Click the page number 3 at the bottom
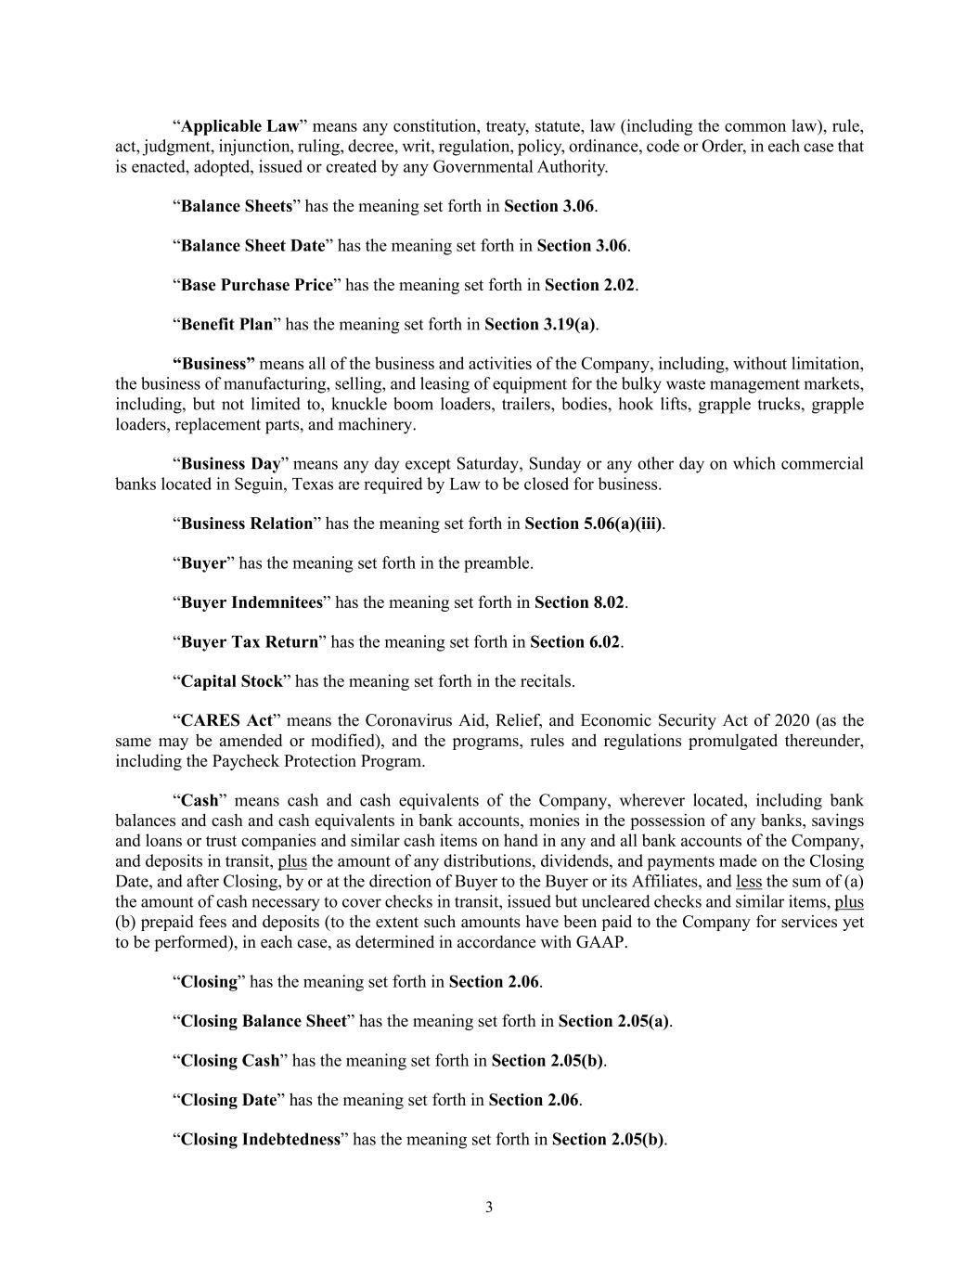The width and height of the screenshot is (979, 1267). (489, 1208)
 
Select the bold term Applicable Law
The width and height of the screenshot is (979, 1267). (240, 126)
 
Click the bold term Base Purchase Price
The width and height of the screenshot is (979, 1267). (256, 285)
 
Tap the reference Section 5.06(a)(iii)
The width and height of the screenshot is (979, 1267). (594, 524)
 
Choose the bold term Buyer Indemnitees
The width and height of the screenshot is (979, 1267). (251, 602)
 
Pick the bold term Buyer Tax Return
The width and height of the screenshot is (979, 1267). (249, 641)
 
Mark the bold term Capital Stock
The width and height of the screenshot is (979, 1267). (231, 681)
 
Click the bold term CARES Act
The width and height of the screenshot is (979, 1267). (226, 720)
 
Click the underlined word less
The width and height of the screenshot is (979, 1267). (748, 882)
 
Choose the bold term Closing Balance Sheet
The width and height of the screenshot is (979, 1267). (264, 1021)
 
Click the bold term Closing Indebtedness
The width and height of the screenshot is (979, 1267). (261, 1139)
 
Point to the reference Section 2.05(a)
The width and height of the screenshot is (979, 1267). (613, 1021)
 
